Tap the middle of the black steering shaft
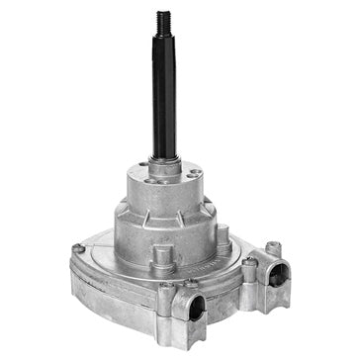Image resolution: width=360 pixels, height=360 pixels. pos(163,99)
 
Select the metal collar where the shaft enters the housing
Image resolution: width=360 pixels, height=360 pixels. pos(167,161)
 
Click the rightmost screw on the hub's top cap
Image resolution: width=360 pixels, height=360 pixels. pos(195,174)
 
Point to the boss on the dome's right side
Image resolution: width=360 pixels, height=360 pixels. pos(225,237)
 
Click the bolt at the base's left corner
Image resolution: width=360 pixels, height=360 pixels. pos(78,248)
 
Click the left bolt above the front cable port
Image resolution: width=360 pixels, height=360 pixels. pos(165,287)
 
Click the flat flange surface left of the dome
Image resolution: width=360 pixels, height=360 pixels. pos(99,259)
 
